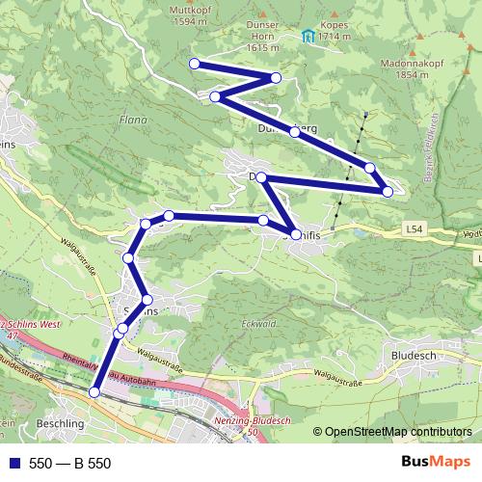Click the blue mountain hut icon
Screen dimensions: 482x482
308,38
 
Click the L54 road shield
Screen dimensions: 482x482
415,229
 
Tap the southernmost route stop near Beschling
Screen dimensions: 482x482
94,391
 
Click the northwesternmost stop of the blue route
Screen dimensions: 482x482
194,64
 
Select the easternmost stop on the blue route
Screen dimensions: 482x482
388,192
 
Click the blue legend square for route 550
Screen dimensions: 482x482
13,464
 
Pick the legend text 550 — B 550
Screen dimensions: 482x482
69,464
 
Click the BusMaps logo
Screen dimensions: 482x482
435,464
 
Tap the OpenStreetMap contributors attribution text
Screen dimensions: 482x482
397,432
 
